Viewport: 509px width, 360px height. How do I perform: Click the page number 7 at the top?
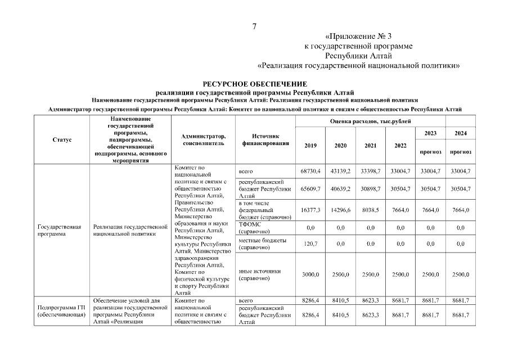click(254, 26)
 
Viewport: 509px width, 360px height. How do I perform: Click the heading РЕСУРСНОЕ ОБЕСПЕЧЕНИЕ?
click(255, 84)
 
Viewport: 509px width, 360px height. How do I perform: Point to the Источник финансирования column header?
click(265, 139)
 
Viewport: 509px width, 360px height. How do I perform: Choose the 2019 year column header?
click(310, 146)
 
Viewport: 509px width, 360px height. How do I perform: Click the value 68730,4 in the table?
click(310, 171)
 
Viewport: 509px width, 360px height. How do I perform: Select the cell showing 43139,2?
click(340, 171)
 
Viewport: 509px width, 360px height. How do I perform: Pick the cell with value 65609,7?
click(310, 189)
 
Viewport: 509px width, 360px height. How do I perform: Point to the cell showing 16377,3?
click(310, 210)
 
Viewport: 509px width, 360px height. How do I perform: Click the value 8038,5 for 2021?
click(370, 210)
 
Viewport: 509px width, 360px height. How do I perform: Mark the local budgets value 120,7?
click(310, 244)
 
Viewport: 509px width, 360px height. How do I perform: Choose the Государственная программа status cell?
click(60, 231)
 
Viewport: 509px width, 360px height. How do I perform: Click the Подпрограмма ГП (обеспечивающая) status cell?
click(61, 312)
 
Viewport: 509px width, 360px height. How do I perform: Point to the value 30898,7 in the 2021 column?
click(370, 189)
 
